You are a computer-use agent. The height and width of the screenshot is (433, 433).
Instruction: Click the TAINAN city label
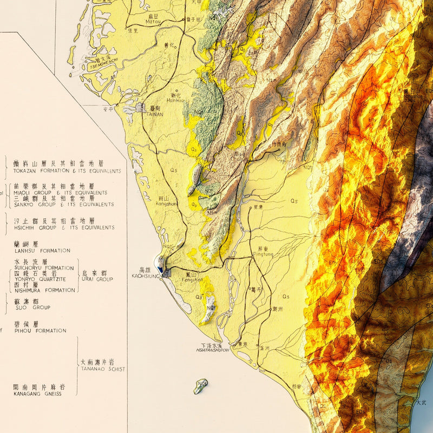[x=154, y=114]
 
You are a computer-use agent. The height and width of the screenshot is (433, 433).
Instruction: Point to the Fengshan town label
[x=193, y=280]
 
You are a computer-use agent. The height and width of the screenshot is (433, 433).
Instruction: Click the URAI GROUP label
[x=97, y=279]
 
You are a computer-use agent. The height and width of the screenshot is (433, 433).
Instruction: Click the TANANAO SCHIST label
[x=102, y=369]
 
